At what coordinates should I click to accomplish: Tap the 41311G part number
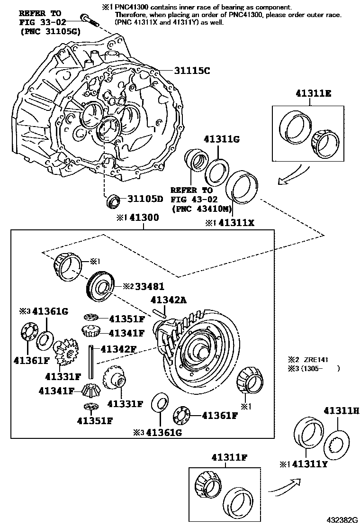click(x=222, y=139)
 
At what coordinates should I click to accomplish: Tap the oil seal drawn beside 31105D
click(x=113, y=201)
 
